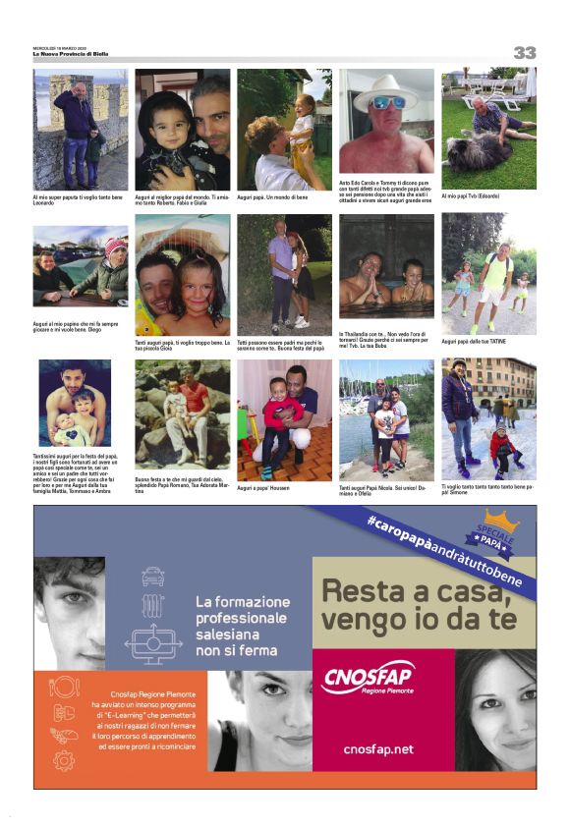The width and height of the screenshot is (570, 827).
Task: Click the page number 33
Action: point(525,52)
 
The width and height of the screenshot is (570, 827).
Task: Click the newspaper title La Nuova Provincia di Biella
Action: point(71,54)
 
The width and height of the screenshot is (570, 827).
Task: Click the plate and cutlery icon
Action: point(64,687)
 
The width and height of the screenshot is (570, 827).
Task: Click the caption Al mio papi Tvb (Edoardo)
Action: point(472,195)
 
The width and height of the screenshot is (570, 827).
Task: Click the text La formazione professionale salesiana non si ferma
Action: point(242,621)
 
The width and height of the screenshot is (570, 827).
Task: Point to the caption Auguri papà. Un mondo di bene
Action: point(272,197)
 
